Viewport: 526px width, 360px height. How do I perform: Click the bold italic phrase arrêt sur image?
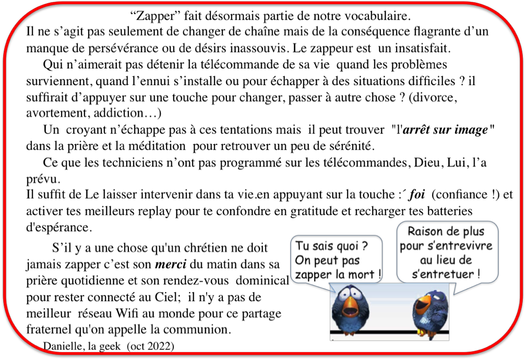pyautogui.click(x=445, y=130)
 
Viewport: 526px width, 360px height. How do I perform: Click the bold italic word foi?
pyautogui.click(x=416, y=195)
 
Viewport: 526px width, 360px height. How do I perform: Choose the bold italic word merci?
pyautogui.click(x=171, y=265)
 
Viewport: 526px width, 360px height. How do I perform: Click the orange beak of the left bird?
pyautogui.click(x=349, y=306)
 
